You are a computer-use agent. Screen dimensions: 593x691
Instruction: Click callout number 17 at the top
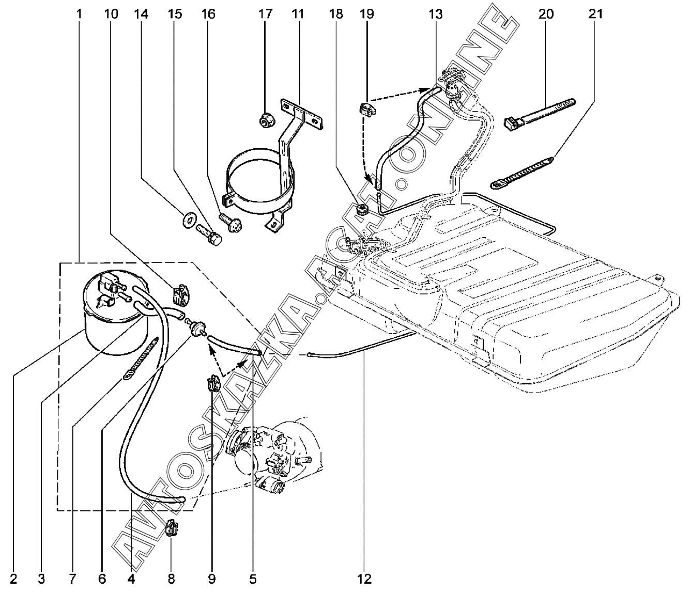tap(265, 14)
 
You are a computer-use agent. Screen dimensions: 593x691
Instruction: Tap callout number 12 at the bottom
tap(364, 579)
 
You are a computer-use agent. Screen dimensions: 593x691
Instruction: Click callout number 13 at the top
tap(436, 14)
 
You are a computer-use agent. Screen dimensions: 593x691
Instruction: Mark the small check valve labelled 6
tap(197, 327)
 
